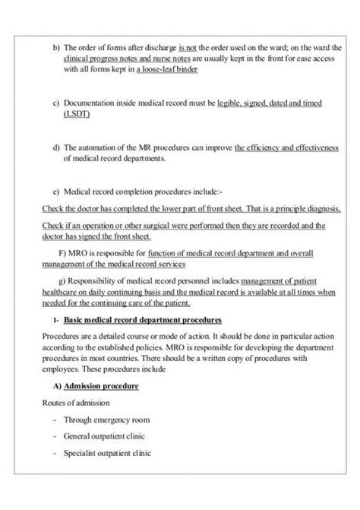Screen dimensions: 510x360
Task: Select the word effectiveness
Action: pos(311,147)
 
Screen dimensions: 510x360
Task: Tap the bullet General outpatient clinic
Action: pos(104,436)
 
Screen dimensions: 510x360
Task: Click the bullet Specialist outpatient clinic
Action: pos(107,453)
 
